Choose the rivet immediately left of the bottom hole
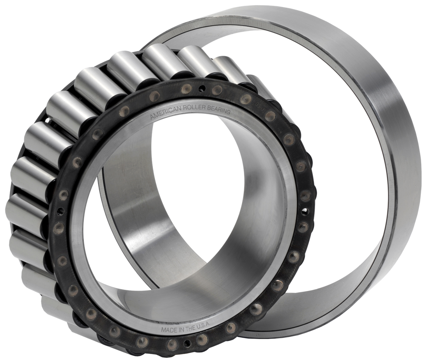[172, 343]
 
